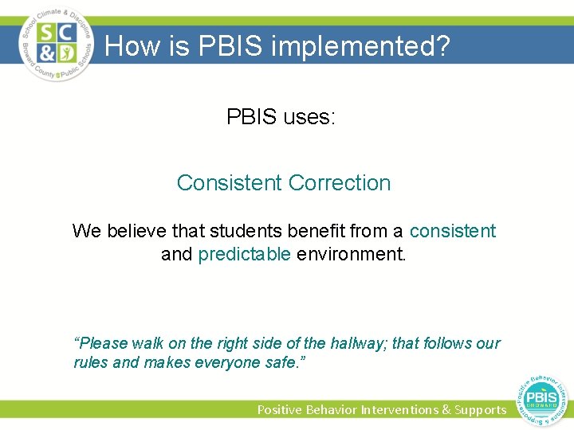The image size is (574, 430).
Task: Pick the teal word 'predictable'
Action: pos(244,255)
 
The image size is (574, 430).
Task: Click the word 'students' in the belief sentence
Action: pos(243,232)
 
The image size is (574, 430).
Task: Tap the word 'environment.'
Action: pos(351,255)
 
